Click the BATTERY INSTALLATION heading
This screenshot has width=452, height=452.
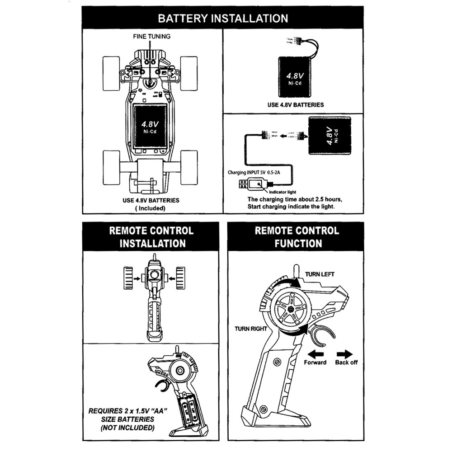coord(223,19)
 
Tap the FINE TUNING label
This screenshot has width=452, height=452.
coord(151,36)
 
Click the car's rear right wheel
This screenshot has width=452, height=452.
coord(189,167)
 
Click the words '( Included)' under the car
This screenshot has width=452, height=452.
coord(151,208)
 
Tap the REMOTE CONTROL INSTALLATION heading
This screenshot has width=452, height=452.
coord(151,237)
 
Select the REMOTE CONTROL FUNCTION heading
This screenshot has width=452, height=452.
coord(297,237)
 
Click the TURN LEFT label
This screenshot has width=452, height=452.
coord(320,274)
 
